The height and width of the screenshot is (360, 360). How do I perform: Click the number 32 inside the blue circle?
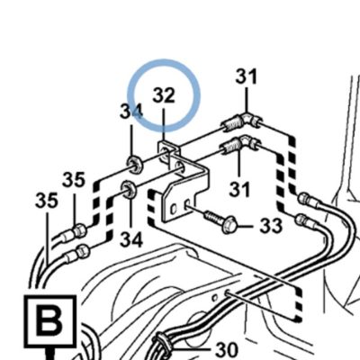164,95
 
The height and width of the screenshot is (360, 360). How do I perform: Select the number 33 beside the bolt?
271,225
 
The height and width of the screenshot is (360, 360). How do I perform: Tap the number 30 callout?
227,349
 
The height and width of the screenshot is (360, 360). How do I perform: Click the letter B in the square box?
49,320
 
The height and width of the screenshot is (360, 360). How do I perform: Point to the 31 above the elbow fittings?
247,76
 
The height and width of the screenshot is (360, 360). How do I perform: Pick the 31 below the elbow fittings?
239,189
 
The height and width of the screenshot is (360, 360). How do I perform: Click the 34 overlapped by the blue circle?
131,111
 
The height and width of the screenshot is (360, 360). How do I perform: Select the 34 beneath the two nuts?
131,240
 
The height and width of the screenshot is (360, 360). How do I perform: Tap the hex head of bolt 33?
229,225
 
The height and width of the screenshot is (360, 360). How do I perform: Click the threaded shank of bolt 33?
212,216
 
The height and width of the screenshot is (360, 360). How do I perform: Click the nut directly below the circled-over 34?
134,164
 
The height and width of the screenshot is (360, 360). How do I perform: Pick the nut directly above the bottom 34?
129,189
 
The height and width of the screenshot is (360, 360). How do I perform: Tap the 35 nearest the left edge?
46,201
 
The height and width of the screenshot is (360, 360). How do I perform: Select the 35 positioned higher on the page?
74,180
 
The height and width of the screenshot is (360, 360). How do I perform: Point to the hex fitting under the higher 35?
79,230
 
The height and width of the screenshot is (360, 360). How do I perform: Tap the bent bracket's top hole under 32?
164,149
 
